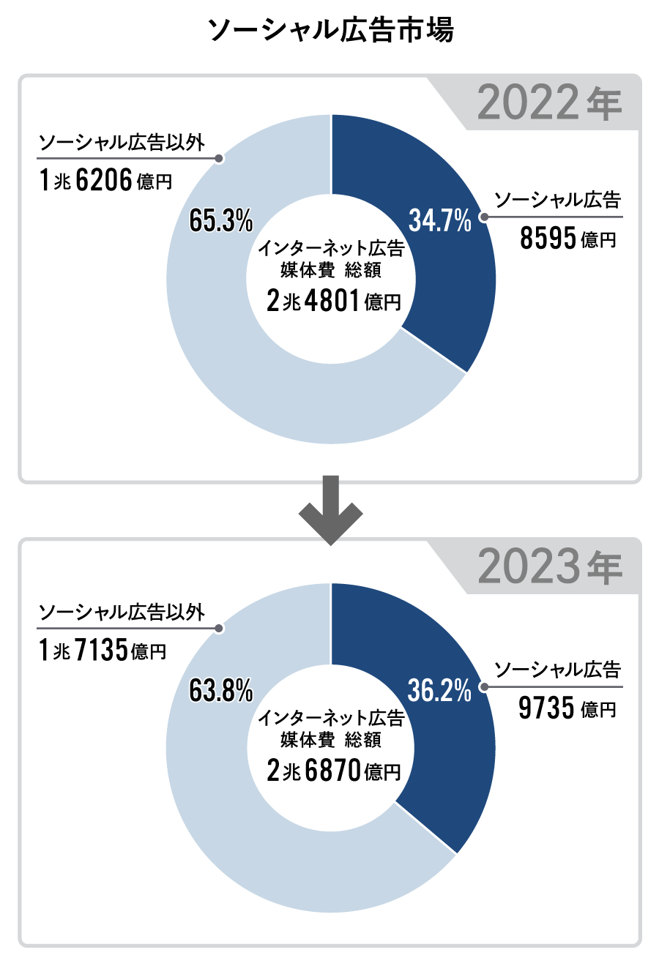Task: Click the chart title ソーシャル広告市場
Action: [330, 31]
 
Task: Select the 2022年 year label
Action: [549, 103]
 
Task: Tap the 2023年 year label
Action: [549, 566]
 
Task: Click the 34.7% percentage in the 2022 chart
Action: [439, 220]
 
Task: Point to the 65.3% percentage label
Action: [221, 220]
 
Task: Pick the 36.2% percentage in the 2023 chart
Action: [439, 689]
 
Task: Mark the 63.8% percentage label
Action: [221, 689]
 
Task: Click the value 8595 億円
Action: [567, 239]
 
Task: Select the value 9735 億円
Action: [567, 708]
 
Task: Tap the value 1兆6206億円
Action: [105, 180]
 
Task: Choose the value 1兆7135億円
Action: [103, 650]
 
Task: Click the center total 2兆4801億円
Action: [333, 300]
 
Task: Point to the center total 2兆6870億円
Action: [333, 770]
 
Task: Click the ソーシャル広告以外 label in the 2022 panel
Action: [122, 142]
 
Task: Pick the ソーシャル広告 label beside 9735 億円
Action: [557, 670]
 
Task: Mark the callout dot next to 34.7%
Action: [483, 217]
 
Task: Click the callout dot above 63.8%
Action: [218, 629]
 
